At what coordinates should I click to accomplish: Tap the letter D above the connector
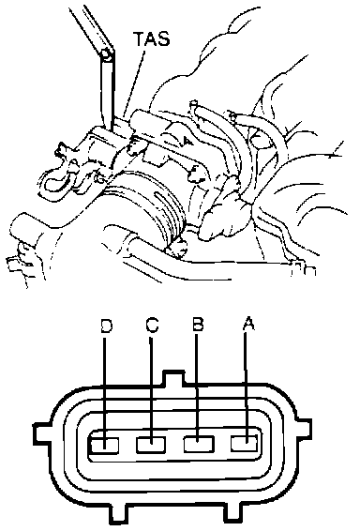[x=106, y=326]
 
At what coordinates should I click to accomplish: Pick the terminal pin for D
[x=104, y=445]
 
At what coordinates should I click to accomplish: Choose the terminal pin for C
[x=151, y=445]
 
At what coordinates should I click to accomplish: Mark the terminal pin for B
[x=199, y=444]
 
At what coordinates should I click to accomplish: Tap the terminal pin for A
[x=245, y=444]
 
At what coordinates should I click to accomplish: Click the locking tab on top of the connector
[x=174, y=379]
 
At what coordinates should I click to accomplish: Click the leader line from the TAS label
[x=135, y=83]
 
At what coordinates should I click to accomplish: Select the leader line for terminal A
[x=246, y=387]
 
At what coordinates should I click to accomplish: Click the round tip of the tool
[x=106, y=54]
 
